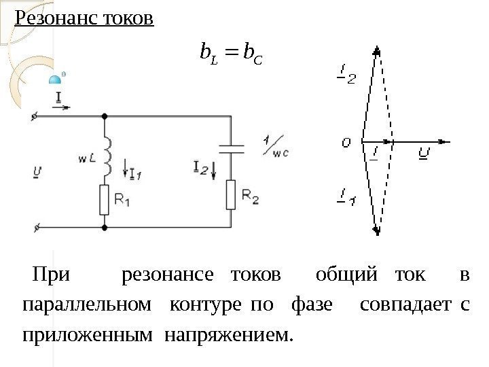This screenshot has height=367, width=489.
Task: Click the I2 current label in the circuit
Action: (x=200, y=167)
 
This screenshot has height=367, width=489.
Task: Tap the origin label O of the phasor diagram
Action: (x=346, y=143)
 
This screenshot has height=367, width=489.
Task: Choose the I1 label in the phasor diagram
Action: (x=346, y=198)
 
